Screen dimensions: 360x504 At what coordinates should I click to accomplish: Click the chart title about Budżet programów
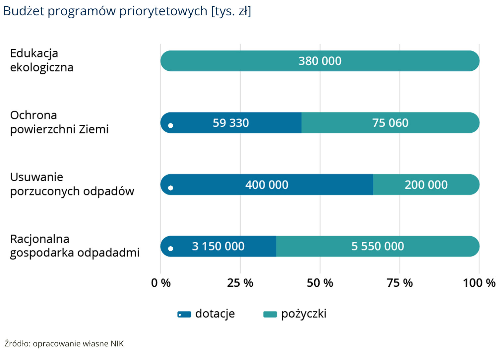point(127,11)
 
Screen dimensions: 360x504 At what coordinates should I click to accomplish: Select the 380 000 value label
point(320,61)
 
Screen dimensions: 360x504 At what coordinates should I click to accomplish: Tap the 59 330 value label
point(231,123)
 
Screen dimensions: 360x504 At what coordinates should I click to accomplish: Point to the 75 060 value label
point(390,123)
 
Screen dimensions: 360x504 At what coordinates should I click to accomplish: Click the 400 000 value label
point(267,185)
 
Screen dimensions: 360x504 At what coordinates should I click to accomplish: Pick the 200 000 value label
point(426,185)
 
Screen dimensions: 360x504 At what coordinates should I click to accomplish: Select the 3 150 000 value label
point(218,247)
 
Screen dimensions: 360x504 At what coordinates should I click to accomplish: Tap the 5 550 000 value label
point(378,247)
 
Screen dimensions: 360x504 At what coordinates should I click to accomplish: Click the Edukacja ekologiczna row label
point(42,60)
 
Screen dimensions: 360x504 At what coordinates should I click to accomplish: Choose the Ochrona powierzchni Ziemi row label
point(59,122)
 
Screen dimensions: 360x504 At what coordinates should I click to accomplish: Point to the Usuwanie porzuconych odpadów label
point(72,184)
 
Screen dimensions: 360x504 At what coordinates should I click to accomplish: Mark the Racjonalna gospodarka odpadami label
point(75,246)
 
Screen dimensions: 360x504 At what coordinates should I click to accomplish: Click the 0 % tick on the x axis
point(161,283)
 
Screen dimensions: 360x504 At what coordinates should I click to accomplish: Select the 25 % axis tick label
point(240,283)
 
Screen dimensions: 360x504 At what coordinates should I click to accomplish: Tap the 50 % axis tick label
point(320,283)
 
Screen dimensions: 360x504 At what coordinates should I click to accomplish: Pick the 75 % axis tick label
point(400,283)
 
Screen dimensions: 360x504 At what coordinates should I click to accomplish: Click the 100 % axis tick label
point(479,283)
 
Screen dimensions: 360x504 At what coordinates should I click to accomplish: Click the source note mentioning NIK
point(64,344)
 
